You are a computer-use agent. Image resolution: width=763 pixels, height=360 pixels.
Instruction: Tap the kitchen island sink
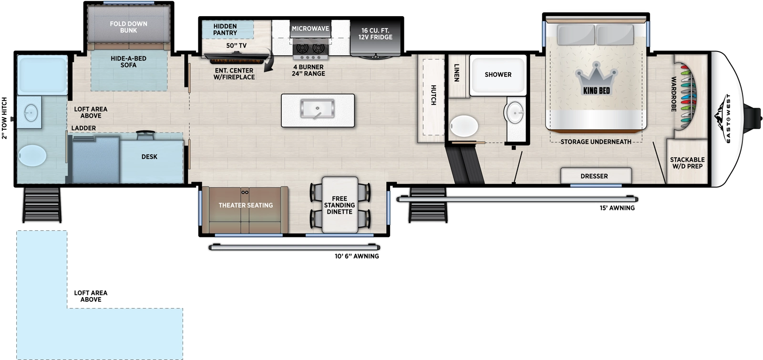click(x=317, y=109)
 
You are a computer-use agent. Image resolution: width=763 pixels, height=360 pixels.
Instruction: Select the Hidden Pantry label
click(x=225, y=30)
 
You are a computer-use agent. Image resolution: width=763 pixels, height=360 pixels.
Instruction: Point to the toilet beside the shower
click(x=464, y=126)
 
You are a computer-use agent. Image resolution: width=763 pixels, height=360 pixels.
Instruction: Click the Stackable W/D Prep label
click(x=687, y=163)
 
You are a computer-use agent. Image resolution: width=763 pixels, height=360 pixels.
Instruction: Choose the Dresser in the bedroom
click(x=594, y=176)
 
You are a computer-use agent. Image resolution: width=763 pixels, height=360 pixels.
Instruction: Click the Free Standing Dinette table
click(x=340, y=205)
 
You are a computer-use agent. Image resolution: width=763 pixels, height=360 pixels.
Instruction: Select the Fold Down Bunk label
click(x=128, y=27)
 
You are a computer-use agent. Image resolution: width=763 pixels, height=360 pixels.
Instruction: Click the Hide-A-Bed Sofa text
click(x=128, y=62)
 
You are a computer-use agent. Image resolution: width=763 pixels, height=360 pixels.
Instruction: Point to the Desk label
click(x=149, y=157)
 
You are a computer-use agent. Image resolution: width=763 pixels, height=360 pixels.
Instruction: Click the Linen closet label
click(x=457, y=72)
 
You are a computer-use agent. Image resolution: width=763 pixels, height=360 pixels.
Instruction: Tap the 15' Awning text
click(x=617, y=208)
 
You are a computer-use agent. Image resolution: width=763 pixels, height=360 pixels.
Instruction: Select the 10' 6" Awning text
click(x=357, y=256)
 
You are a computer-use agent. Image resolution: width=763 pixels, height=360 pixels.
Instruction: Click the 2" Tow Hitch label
click(x=5, y=118)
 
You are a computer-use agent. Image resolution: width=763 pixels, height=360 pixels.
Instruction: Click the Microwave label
click(x=310, y=29)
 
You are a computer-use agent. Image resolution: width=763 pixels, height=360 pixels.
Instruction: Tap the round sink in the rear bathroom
click(x=31, y=113)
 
